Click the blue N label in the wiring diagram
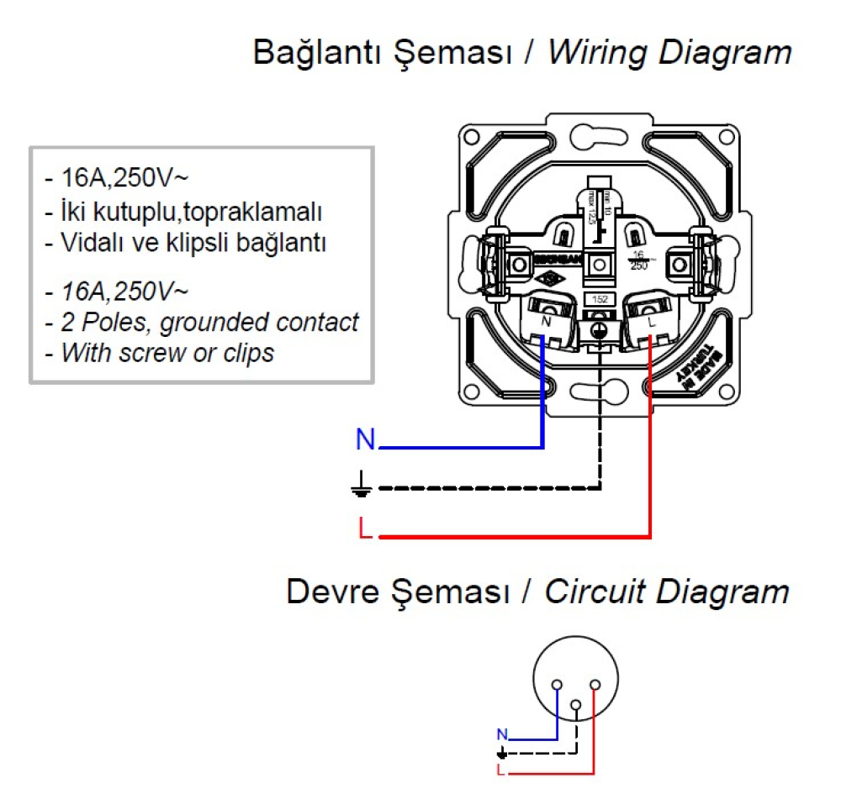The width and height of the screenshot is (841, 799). (x=365, y=439)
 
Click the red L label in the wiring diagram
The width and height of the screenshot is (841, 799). (x=363, y=528)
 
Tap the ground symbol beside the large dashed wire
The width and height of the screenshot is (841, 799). (x=362, y=483)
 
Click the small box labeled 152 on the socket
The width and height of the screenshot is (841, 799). (x=599, y=300)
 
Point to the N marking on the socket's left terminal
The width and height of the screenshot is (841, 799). (x=547, y=320)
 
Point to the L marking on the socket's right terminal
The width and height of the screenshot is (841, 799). (x=652, y=320)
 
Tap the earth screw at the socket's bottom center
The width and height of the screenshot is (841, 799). (x=599, y=330)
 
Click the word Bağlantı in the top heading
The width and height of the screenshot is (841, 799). (x=312, y=53)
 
